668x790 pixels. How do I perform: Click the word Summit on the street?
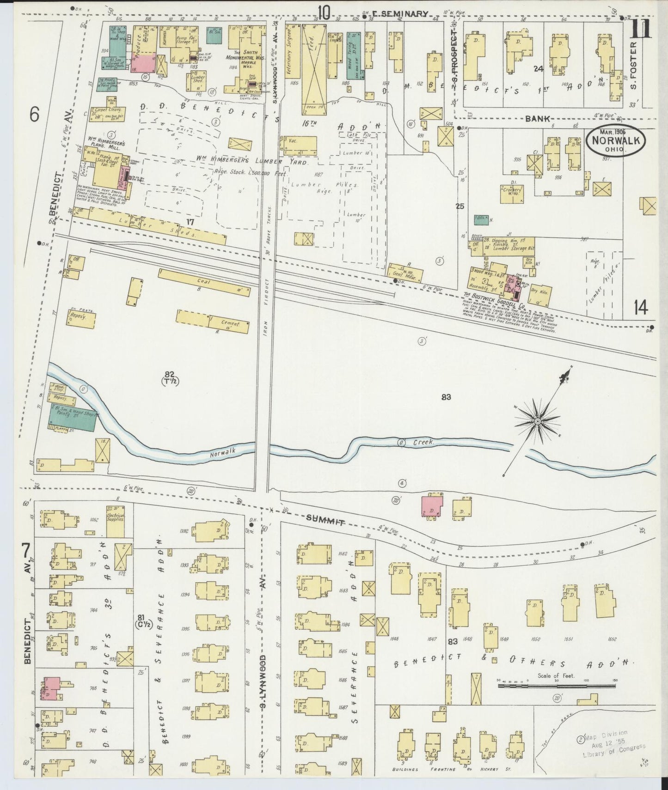[x=326, y=522]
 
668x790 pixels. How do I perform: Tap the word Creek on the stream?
[x=423, y=442]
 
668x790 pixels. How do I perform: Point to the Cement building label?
[x=230, y=324]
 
